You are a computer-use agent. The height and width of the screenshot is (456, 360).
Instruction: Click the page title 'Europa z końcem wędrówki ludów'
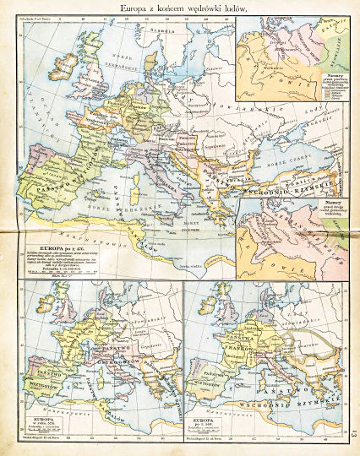coord(179,8)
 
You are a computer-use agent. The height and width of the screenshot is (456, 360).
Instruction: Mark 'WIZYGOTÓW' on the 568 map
coord(199,377)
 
